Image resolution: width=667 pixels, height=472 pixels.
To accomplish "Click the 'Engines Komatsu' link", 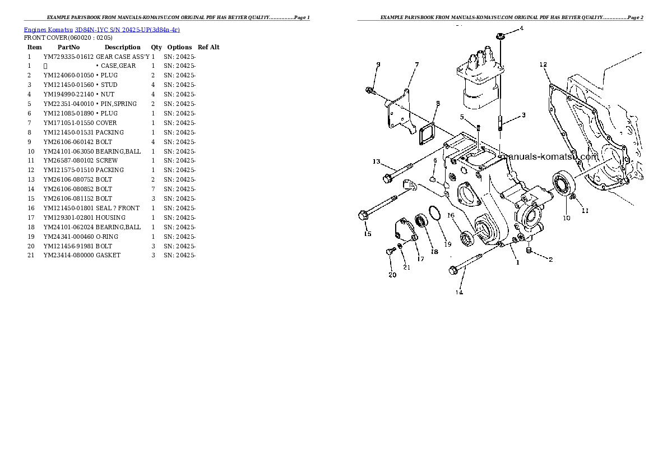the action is (x=48, y=30).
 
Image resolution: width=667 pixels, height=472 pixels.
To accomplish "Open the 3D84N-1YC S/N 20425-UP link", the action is (x=127, y=30).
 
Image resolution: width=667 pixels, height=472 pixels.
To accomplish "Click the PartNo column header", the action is (x=68, y=47).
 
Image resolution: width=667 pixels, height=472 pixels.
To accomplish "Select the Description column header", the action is (x=123, y=47).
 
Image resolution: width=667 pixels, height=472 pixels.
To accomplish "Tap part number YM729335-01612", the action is (x=68, y=57).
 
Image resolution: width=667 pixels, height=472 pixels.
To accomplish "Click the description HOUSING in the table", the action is (x=110, y=218).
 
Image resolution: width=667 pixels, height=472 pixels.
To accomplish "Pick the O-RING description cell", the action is (x=107, y=237).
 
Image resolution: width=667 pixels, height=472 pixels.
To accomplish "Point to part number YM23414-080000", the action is (x=68, y=256).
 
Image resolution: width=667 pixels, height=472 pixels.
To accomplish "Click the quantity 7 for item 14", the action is (x=153, y=189).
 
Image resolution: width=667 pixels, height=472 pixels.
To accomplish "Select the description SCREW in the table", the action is (x=106, y=160).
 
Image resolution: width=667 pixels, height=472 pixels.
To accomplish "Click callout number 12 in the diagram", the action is (x=543, y=64).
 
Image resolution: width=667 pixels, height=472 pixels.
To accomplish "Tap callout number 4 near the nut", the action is (x=521, y=29).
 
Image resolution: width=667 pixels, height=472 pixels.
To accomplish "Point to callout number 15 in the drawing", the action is (x=368, y=234).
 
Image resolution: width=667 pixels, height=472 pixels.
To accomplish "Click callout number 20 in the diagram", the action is (x=392, y=275).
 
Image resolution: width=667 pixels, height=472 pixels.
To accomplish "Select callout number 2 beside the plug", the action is (x=550, y=259).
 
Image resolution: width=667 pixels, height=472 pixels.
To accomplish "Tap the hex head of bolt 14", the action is (x=453, y=270).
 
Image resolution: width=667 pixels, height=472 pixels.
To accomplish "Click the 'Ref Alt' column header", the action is (x=209, y=47).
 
